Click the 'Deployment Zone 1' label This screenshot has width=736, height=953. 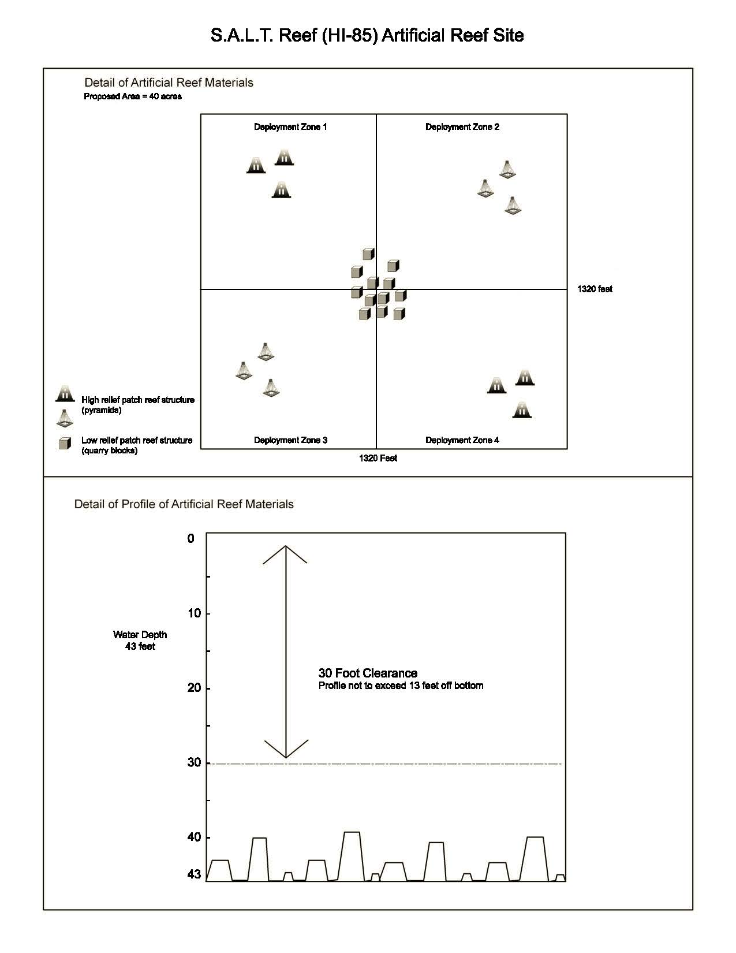pyautogui.click(x=290, y=127)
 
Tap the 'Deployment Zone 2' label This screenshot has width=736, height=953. pyautogui.click(x=462, y=127)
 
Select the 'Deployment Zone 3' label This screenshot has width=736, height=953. pyautogui.click(x=290, y=440)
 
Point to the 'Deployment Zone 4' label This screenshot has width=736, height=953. pyautogui.click(x=462, y=440)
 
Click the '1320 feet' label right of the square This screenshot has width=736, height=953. pyautogui.click(x=595, y=289)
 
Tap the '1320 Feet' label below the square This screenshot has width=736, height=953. pyautogui.click(x=378, y=458)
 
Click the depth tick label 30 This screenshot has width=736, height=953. pyautogui.click(x=195, y=762)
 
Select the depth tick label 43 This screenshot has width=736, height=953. pyautogui.click(x=195, y=874)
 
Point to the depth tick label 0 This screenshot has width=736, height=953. pyautogui.click(x=191, y=538)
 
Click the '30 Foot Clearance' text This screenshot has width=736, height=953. pyautogui.click(x=368, y=673)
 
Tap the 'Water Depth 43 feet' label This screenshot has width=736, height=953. pyautogui.click(x=140, y=640)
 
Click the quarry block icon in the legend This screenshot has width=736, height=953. pyautogui.click(x=65, y=444)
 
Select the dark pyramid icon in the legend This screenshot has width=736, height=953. pyautogui.click(x=65, y=393)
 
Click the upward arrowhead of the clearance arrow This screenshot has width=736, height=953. pyautogui.click(x=285, y=549)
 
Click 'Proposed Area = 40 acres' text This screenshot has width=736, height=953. pyautogui.click(x=133, y=96)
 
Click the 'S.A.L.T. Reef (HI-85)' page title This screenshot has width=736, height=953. pyautogui.click(x=367, y=36)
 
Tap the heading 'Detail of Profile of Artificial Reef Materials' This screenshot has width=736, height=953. pyautogui.click(x=184, y=504)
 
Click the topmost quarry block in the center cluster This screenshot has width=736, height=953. pyautogui.click(x=368, y=254)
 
